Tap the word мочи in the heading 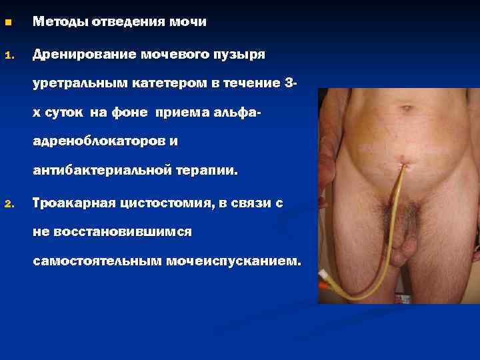pyautogui.click(x=189, y=22)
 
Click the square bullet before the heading pyautogui.click(x=8, y=23)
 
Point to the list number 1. pyautogui.click(x=8, y=53)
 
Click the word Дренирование pyautogui.click(x=84, y=53)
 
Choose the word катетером pyautogui.click(x=164, y=83)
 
